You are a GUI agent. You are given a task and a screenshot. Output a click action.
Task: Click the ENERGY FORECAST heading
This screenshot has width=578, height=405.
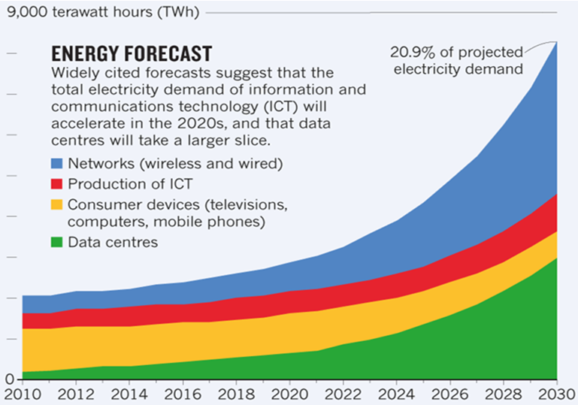(130, 54)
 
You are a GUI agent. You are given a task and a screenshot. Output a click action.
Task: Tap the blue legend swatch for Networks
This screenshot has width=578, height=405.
(57, 164)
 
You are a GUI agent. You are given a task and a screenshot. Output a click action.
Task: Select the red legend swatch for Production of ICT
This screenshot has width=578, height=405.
(57, 184)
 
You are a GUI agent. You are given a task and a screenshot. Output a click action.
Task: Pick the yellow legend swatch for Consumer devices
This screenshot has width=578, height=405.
(57, 204)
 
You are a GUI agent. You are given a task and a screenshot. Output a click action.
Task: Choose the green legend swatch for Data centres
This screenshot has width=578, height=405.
(57, 242)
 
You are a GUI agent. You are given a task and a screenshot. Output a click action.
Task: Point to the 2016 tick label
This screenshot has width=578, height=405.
(182, 393)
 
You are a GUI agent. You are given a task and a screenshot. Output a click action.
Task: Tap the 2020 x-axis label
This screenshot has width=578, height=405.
(289, 393)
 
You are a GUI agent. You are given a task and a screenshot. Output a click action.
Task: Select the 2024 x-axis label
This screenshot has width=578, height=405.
(397, 393)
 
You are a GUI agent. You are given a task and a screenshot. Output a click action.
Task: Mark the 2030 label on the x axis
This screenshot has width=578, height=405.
(555, 393)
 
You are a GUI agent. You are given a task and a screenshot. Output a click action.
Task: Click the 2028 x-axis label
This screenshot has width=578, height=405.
(504, 393)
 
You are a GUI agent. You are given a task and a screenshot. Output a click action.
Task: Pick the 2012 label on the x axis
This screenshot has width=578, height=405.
(75, 393)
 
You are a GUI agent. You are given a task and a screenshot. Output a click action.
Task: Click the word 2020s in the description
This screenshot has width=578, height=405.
(219, 123)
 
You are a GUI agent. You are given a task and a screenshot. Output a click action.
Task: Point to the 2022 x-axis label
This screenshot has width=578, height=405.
(343, 393)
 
